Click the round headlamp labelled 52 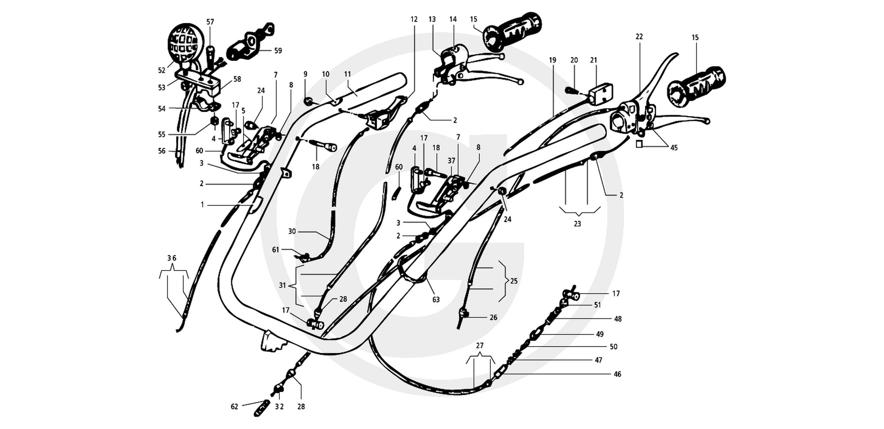click(x=186, y=43)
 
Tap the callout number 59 click(x=278, y=51)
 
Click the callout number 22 click(x=639, y=36)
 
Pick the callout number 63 click(x=436, y=300)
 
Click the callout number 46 click(x=617, y=374)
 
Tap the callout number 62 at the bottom click(x=235, y=406)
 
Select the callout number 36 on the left click(x=172, y=258)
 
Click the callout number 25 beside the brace click(x=514, y=281)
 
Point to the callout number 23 click(x=577, y=224)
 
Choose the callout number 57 click(x=210, y=22)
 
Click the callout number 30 click(x=292, y=231)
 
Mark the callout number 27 click(x=480, y=346)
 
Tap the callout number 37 click(x=452, y=160)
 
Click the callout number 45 click(x=674, y=148)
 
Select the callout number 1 click(x=202, y=205)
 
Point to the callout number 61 click(x=276, y=250)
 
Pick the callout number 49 click(x=600, y=334)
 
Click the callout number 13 click(x=432, y=19)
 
